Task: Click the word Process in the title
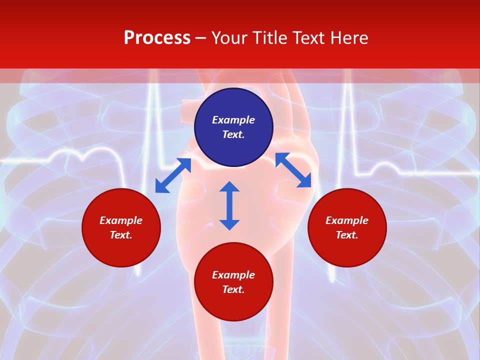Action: [157, 38]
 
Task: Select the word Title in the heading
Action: [271, 38]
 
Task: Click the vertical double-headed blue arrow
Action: [229, 205]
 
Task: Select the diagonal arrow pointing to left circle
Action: [173, 175]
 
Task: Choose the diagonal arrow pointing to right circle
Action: [293, 170]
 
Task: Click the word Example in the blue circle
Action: [233, 120]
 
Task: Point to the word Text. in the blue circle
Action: [233, 134]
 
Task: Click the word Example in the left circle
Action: [121, 220]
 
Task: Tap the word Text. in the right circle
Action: [347, 235]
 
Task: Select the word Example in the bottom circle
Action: [233, 275]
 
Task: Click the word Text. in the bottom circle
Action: [233, 289]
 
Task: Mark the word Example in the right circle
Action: [347, 220]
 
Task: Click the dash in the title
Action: [201, 38]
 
